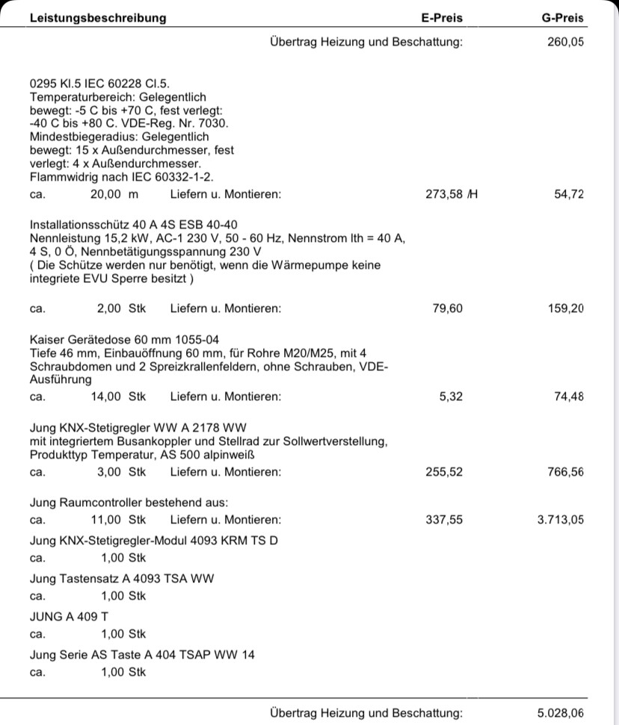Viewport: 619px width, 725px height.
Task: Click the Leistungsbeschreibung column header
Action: point(98,18)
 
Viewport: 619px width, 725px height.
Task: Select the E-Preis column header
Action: point(442,18)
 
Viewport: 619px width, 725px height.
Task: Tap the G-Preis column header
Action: point(563,18)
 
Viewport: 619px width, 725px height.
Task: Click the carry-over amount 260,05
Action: point(566,42)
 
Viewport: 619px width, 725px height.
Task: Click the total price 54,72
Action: point(569,195)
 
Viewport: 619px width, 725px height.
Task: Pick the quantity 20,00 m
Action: point(114,195)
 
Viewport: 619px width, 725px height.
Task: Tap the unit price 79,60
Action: point(448,308)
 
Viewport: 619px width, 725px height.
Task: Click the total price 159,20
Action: point(566,308)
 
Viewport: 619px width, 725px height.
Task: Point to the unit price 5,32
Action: point(451,396)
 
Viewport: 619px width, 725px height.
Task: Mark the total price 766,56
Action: point(566,472)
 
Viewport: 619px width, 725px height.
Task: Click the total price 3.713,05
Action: point(561,520)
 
